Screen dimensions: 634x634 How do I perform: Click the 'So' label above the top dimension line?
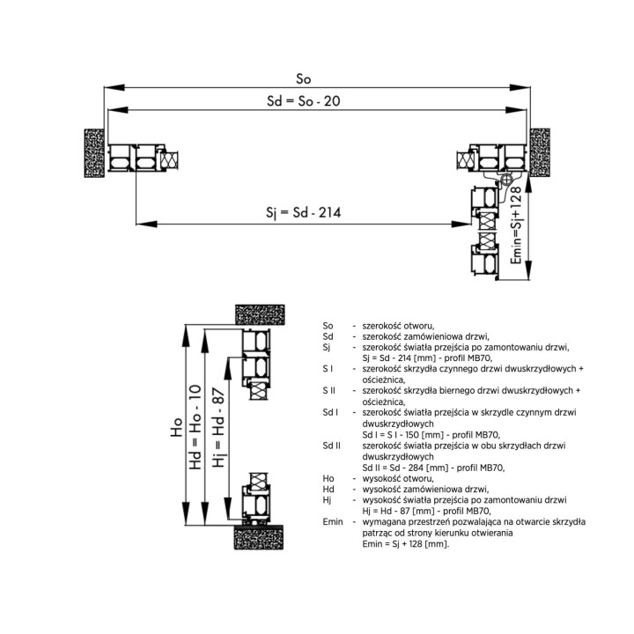(303, 79)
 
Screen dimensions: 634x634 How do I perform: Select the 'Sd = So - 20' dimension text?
(303, 101)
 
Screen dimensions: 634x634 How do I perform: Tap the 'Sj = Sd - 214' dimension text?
(303, 212)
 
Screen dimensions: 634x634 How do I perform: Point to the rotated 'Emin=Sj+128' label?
(516, 225)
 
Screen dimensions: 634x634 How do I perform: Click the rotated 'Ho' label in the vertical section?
(176, 427)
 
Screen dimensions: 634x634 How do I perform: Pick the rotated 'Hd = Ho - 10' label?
(195, 427)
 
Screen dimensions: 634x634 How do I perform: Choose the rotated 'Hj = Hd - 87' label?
(218, 427)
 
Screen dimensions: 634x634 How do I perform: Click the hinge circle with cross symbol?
(505, 179)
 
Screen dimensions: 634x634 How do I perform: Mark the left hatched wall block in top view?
(94, 153)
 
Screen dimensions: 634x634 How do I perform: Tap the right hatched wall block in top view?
(540, 152)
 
